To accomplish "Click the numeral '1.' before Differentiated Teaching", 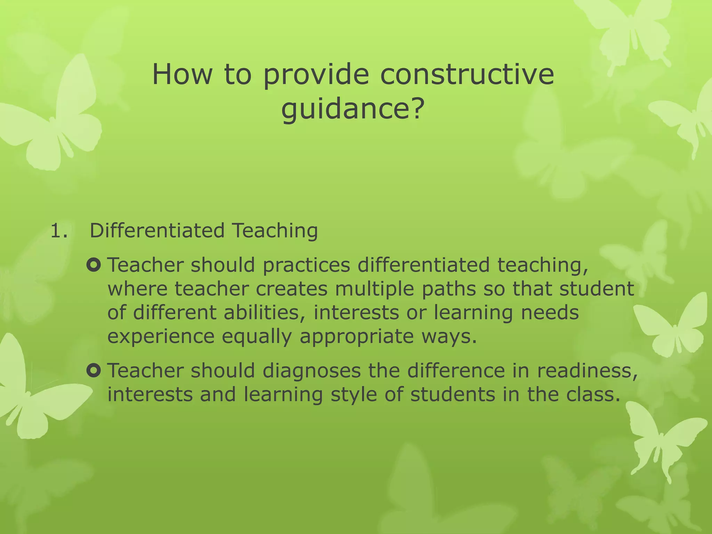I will click(59, 231).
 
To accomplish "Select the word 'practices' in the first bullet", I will click(306, 266).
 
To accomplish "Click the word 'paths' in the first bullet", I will click(449, 289).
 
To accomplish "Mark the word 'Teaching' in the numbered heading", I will click(275, 231).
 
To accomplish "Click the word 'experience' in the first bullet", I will click(161, 337).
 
